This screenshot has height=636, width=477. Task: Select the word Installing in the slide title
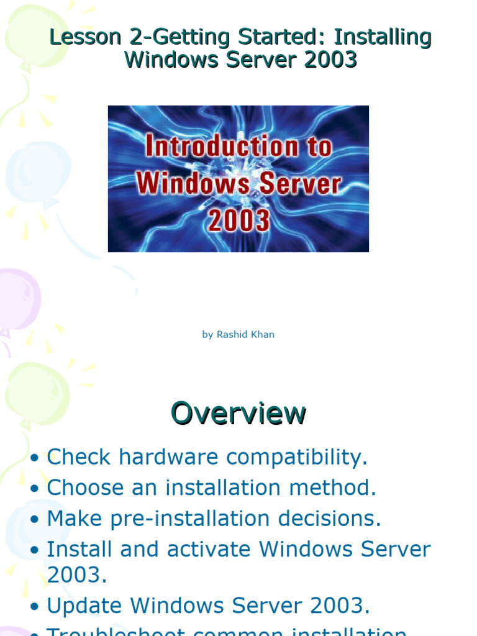[x=383, y=38]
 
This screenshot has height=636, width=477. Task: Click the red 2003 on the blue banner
[x=239, y=220]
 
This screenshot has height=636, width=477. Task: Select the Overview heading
[x=238, y=414]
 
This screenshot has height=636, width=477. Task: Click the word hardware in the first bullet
[x=169, y=458]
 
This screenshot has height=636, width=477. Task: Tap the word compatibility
[x=297, y=458]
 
